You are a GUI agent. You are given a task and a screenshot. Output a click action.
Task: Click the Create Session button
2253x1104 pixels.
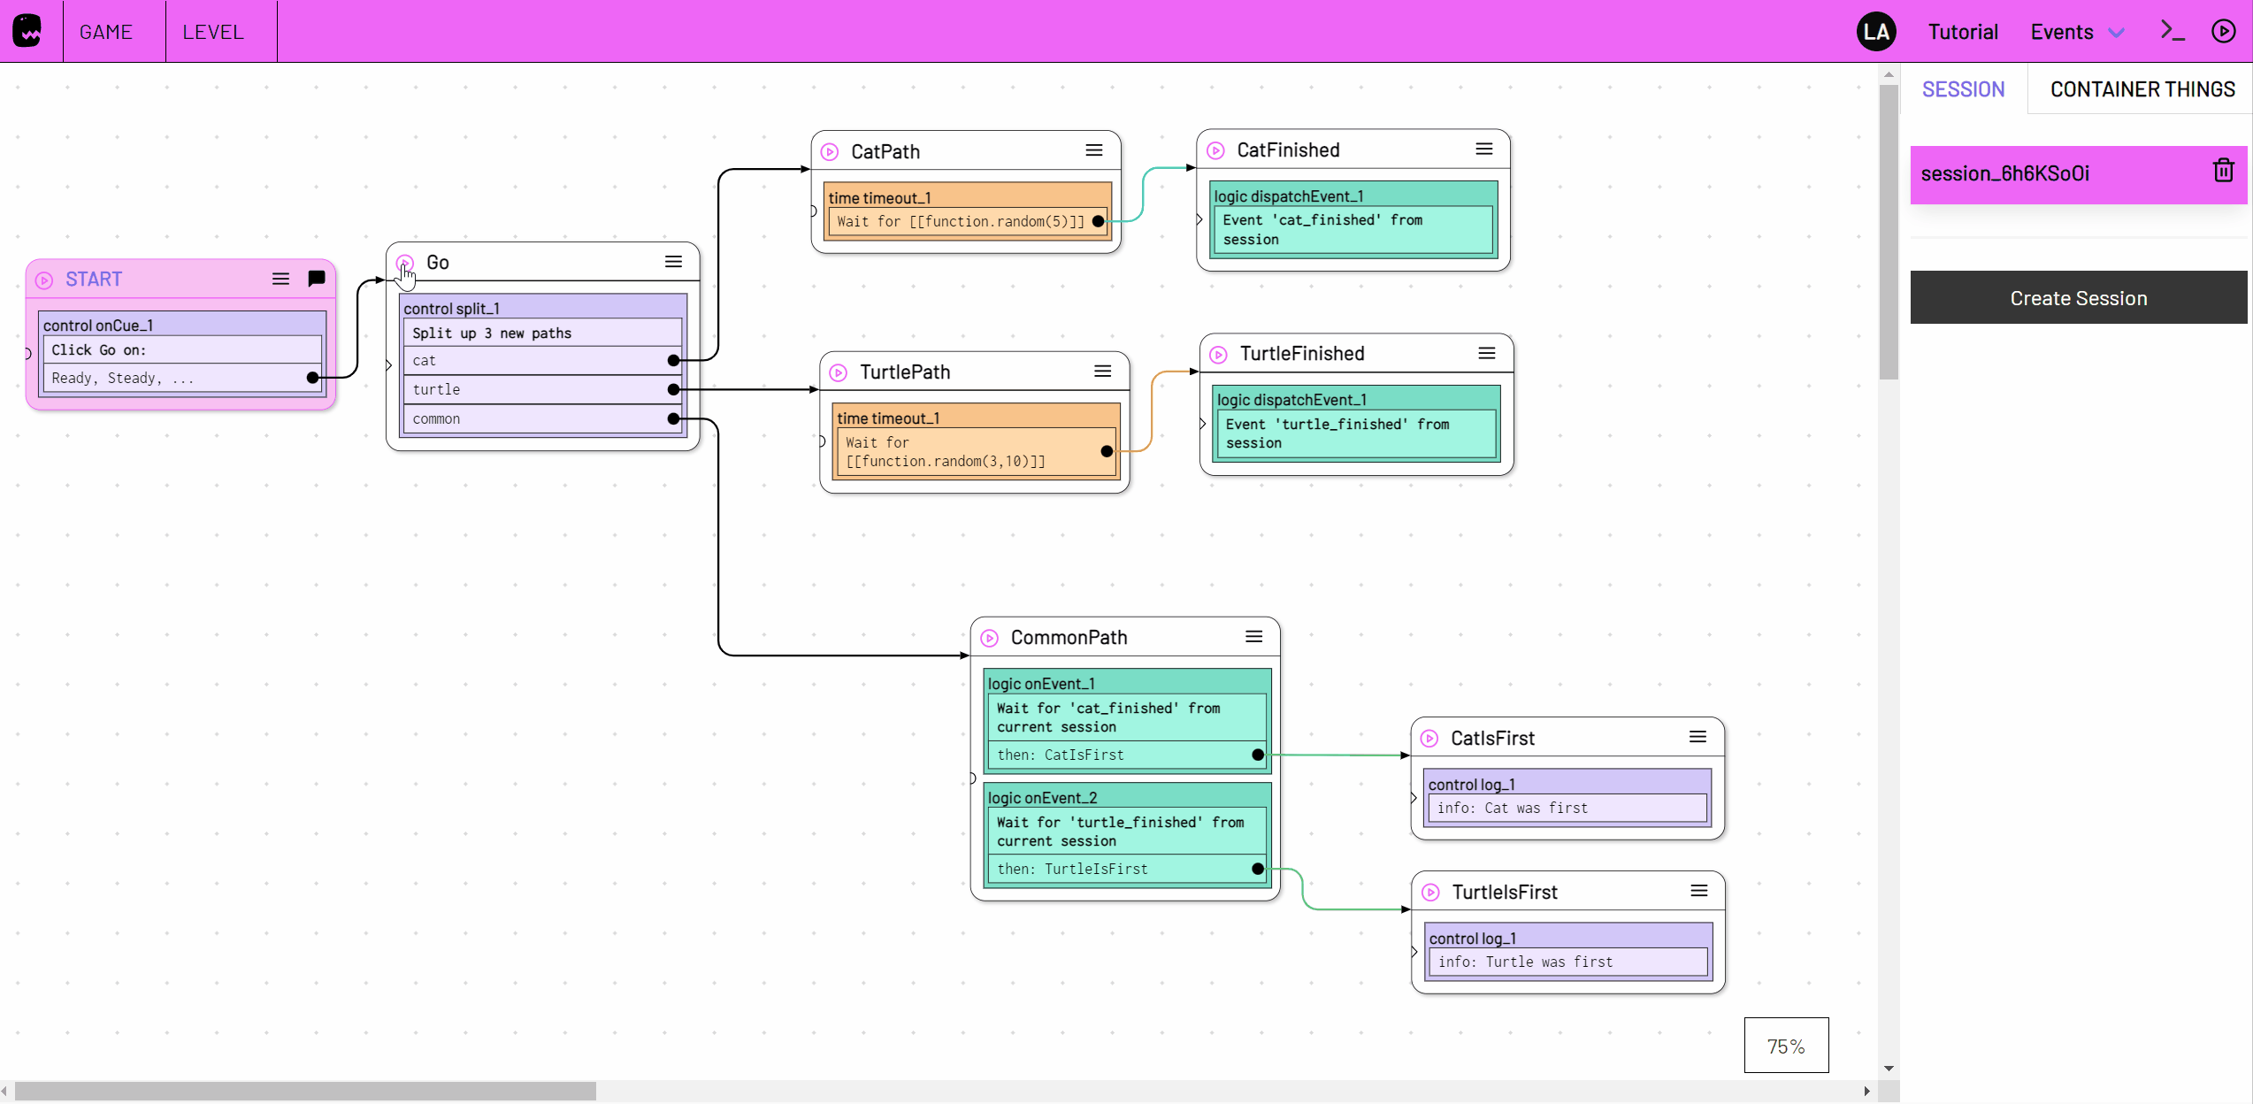tap(2078, 298)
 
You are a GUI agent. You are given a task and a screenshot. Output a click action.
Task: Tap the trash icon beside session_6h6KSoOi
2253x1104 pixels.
tap(2223, 171)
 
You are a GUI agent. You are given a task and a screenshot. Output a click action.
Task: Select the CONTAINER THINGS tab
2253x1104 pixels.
tap(2142, 89)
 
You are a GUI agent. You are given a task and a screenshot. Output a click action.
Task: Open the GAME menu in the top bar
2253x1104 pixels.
tap(106, 32)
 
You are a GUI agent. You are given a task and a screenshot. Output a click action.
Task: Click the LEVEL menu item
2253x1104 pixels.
tap(213, 32)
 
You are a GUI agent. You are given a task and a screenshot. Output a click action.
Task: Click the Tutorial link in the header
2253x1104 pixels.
tap(1962, 32)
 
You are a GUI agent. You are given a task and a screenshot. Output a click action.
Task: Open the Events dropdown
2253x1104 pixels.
tap(2076, 32)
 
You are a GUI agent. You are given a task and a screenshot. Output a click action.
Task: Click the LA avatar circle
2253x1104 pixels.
tap(1875, 32)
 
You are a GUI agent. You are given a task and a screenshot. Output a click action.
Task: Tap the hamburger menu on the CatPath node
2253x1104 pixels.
tap(1094, 150)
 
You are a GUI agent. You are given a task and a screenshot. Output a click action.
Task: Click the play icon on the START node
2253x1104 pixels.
tap(44, 280)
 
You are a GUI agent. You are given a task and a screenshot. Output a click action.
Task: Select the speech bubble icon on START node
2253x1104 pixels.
tap(316, 279)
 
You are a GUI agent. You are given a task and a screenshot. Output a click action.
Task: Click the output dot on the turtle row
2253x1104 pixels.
tap(674, 389)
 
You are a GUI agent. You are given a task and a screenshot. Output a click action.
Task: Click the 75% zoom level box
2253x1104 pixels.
tap(1785, 1046)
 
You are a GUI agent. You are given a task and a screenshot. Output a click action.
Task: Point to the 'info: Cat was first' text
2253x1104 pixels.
tap(1512, 808)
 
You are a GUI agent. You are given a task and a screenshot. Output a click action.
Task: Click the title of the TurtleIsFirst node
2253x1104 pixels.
tap(1504, 892)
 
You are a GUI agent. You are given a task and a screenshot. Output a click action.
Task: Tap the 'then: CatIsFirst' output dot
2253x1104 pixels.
tap(1257, 755)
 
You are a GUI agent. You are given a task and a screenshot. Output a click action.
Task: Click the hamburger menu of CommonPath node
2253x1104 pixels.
tap(1253, 637)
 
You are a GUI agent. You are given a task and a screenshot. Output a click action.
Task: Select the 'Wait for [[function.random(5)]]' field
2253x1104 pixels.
tap(960, 221)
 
